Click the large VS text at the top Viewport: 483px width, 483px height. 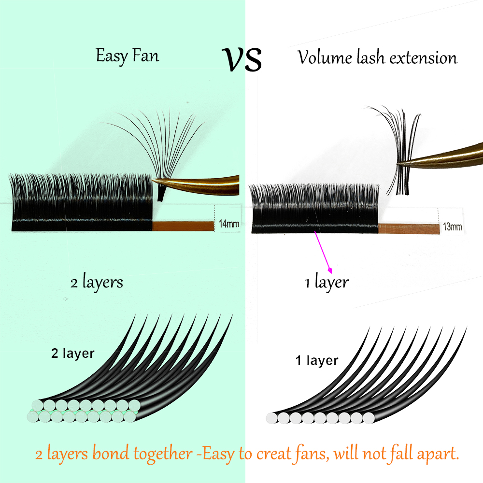[243, 60]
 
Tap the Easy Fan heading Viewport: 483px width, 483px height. [127, 56]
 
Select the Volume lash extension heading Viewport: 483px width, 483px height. [377, 58]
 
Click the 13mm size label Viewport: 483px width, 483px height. [453, 227]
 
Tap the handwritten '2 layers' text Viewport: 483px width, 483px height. [97, 282]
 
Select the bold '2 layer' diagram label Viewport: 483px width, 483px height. [72, 353]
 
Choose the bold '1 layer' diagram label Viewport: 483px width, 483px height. [317, 360]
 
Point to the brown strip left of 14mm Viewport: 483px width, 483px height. [183, 225]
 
